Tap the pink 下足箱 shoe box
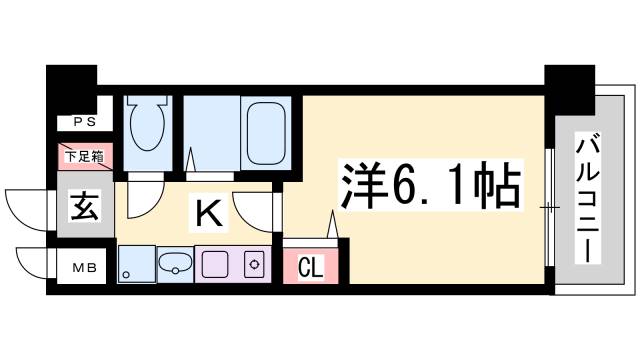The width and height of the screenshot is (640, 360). coord(84,155)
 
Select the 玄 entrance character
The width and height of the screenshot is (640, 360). coord(83,211)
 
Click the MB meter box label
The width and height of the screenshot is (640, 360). coord(83,268)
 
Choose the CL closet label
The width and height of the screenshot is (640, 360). coord(311,267)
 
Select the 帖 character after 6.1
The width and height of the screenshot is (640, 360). coord(497,188)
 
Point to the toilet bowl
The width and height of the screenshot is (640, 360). coord(148,129)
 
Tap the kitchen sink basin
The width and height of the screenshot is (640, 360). coord(176,265)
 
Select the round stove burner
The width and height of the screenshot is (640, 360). coord(255,265)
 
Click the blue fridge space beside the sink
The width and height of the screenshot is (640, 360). coord(135,265)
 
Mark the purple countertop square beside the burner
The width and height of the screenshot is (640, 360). coord(215,265)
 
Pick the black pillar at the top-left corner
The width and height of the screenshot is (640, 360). coord(71,80)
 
